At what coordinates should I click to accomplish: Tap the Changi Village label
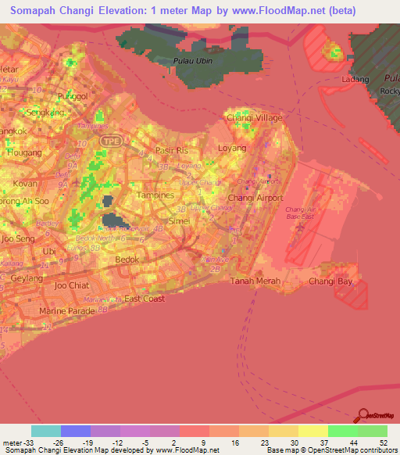point(248,117)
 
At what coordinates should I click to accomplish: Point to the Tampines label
point(155,194)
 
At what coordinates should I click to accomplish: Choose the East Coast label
point(145,299)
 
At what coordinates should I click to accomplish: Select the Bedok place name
point(127,259)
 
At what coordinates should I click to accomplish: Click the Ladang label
point(355,80)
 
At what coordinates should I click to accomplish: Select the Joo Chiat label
point(72,285)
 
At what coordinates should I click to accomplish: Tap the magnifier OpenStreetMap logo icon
point(363,416)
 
